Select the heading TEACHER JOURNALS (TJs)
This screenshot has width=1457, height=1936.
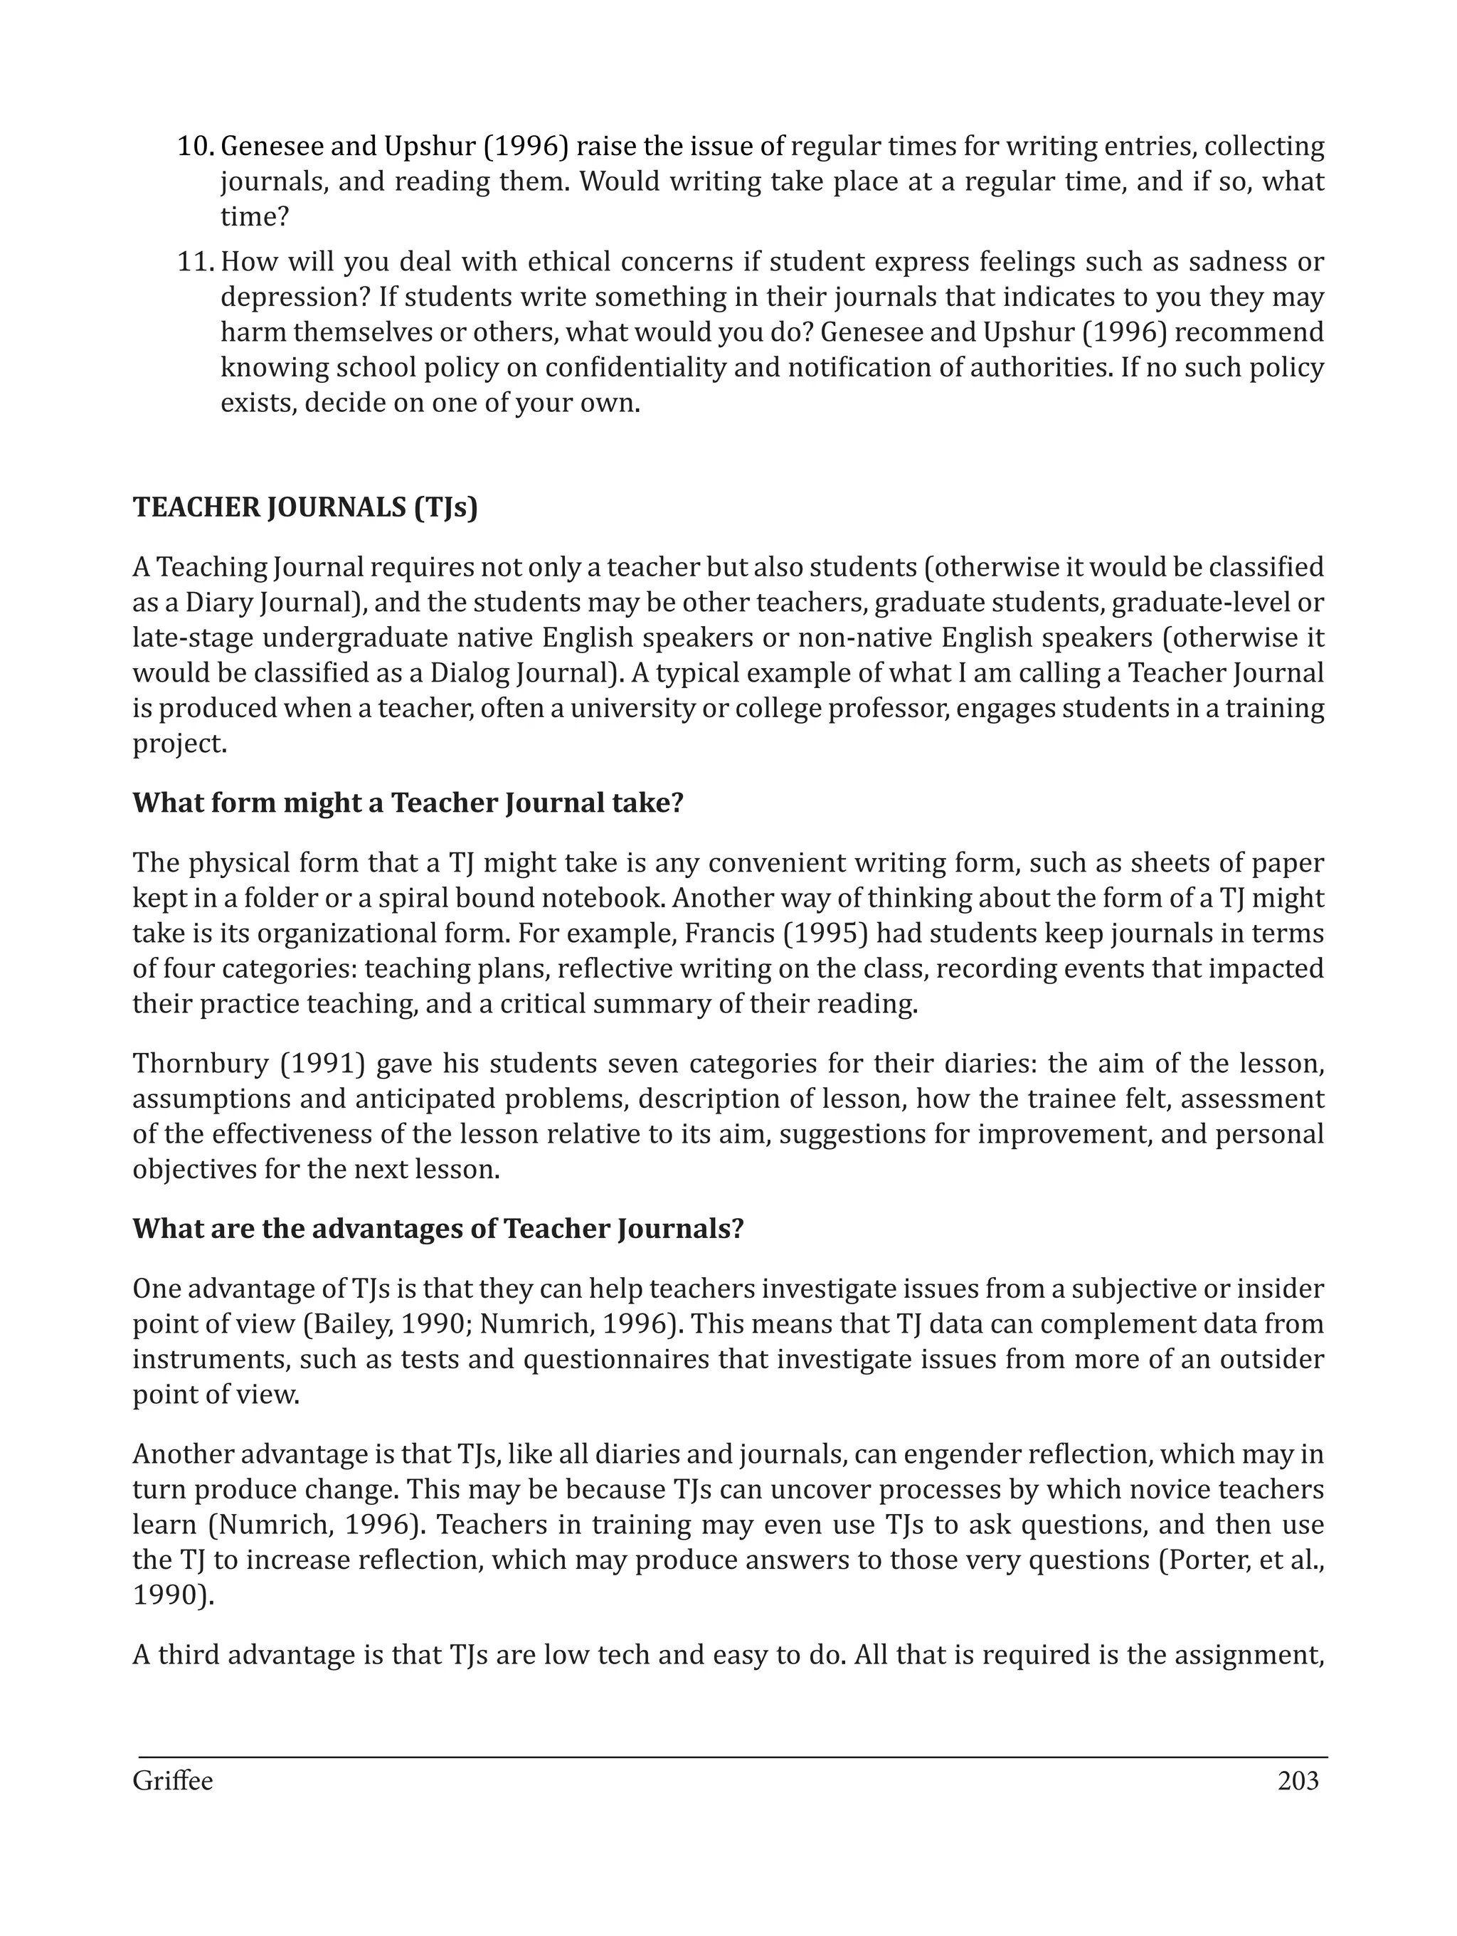coord(305,507)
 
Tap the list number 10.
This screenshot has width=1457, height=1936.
coord(196,146)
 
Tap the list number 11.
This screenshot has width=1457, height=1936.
coord(196,262)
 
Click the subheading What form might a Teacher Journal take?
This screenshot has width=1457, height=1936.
coord(407,803)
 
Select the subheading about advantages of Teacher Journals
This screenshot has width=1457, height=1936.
coord(438,1229)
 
